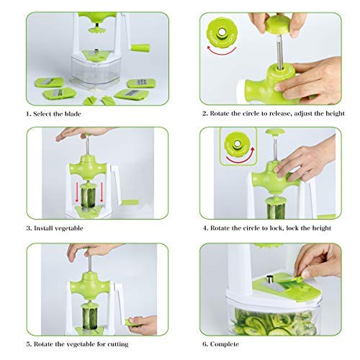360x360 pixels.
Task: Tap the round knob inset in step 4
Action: pos(235,143)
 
